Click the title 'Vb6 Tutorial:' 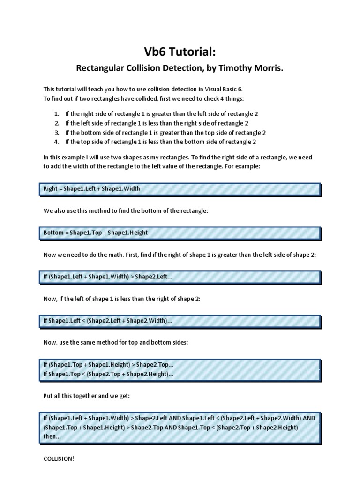[x=180, y=53]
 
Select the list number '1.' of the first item [x=56, y=114]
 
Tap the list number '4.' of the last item [x=56, y=142]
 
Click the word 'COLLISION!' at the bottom [x=59, y=458]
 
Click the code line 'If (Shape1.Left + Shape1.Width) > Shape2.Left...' [x=108, y=277]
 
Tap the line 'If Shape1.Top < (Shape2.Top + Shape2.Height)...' [x=108, y=375]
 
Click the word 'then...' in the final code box [x=52, y=436]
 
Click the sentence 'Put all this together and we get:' [x=86, y=396]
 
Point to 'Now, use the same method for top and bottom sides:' [x=116, y=343]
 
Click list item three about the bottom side [x=165, y=133]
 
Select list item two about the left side [x=157, y=123]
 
